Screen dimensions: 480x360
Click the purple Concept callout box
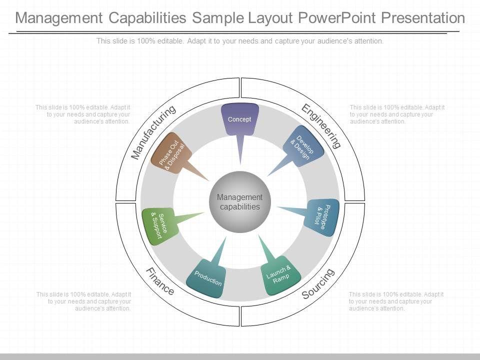coord(239,119)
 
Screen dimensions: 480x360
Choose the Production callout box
coord(207,279)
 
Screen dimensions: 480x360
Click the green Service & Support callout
coord(158,225)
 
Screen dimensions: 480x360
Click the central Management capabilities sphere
coord(240,202)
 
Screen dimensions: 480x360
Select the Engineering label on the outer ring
coord(321,126)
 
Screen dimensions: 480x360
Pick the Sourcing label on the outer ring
coord(318,283)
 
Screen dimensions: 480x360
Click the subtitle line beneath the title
coord(240,41)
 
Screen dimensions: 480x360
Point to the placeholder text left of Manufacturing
coord(83,114)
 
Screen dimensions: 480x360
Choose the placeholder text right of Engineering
coord(397,114)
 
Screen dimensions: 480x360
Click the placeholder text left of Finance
coord(83,301)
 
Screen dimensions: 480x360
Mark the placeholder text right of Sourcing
coord(396,301)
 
